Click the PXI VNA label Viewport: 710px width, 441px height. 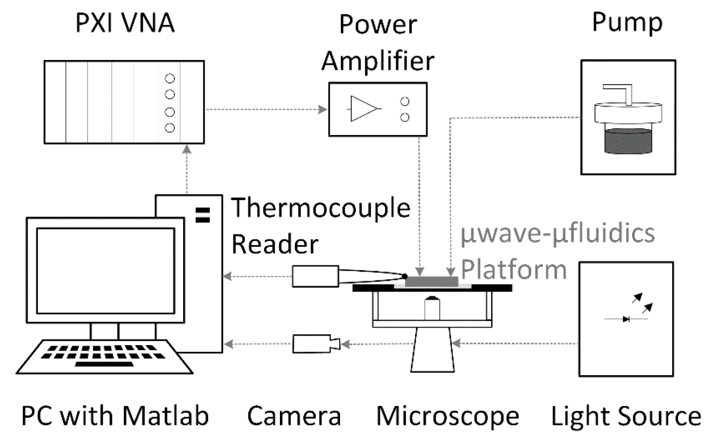[124, 23]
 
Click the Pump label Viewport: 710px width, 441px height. [627, 22]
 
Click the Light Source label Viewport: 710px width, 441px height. [626, 416]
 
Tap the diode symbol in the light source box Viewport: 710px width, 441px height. [626, 319]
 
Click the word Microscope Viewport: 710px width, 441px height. [448, 416]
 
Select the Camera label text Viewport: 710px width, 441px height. [294, 416]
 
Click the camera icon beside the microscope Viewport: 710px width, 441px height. [315, 344]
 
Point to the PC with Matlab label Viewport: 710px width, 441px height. [115, 416]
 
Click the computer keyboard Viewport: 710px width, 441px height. [104, 357]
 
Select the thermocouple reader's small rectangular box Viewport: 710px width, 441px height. [315, 276]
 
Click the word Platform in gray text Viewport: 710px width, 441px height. [513, 269]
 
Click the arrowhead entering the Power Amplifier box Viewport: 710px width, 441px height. [323, 109]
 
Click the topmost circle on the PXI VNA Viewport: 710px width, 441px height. [170, 78]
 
